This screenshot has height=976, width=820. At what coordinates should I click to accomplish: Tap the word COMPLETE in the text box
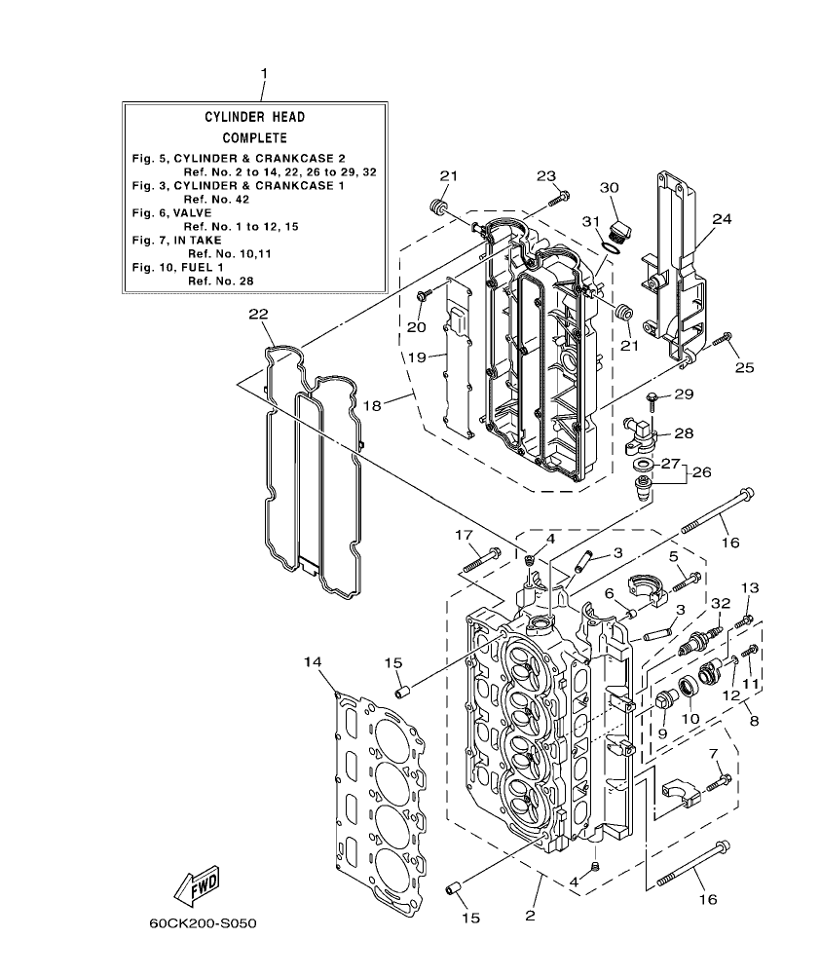click(254, 138)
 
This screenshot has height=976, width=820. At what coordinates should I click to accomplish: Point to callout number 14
click(312, 663)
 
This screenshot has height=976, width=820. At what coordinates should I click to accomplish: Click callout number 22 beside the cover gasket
click(257, 314)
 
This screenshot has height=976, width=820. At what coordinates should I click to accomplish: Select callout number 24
click(721, 220)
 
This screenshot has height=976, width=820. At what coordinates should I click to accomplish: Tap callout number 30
click(609, 187)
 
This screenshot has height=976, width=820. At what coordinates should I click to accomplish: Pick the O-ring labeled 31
click(608, 249)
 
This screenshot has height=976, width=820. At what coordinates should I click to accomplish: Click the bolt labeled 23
click(558, 199)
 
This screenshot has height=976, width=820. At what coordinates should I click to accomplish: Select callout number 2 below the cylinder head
click(531, 915)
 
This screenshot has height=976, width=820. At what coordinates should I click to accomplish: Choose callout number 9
click(661, 733)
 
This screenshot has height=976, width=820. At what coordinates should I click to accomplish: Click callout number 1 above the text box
click(263, 74)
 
